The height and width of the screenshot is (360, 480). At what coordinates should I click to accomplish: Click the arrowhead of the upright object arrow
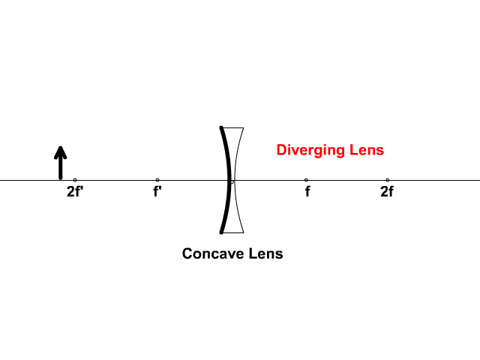click(x=61, y=152)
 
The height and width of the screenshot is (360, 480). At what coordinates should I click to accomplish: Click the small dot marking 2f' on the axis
click(x=75, y=180)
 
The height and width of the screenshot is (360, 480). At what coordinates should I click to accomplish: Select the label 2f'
click(x=75, y=192)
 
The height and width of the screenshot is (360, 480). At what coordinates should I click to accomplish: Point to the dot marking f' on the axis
click(x=157, y=180)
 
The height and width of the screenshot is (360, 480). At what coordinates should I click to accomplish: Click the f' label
click(x=157, y=192)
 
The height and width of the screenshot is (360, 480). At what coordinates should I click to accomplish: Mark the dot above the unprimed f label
click(x=306, y=180)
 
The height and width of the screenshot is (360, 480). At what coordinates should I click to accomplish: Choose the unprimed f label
click(x=307, y=192)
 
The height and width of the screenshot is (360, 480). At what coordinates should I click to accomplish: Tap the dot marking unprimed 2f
click(x=388, y=180)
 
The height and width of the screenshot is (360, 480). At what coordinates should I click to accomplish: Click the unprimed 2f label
click(x=387, y=192)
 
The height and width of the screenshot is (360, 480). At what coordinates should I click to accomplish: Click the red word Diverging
click(x=310, y=150)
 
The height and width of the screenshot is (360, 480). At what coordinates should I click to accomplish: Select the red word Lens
click(x=367, y=150)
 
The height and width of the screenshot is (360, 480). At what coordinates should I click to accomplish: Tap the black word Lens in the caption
click(x=266, y=253)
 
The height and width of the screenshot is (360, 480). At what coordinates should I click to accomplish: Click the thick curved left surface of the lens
click(x=229, y=180)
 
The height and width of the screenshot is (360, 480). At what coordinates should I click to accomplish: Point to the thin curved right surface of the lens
click(x=235, y=180)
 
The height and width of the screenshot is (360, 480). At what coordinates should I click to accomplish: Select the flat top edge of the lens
click(x=233, y=128)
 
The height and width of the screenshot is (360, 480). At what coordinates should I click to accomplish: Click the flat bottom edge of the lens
click(x=233, y=232)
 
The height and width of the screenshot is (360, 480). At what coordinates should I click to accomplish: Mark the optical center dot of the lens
click(x=232, y=182)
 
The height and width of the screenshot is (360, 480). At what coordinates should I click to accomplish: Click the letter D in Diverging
click(x=281, y=150)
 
